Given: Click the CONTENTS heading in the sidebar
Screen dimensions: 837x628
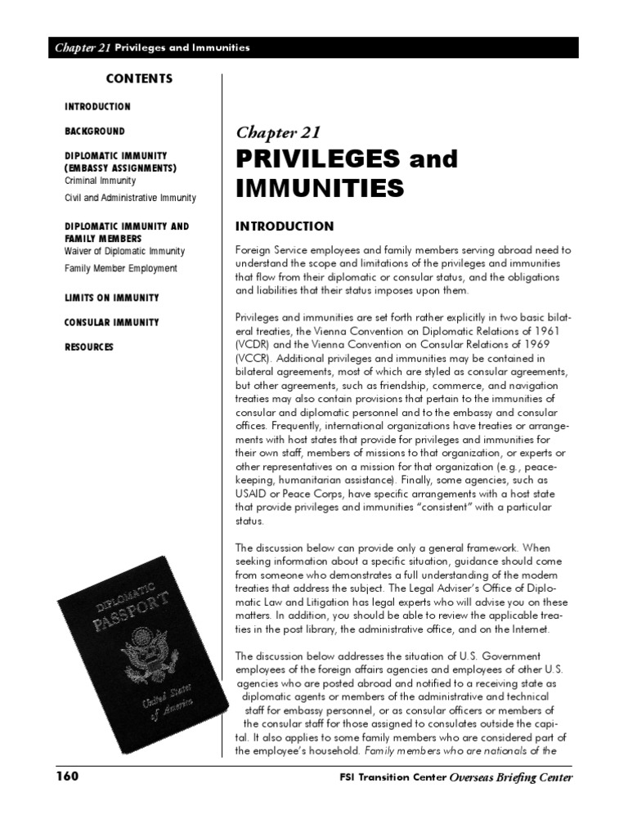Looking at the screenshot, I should tap(139, 79).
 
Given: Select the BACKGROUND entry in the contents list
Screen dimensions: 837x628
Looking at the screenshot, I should tap(95, 131).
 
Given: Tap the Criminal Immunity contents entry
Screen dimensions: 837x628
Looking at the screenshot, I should tap(100, 181).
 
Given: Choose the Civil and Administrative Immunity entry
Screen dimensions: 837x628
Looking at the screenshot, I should tap(130, 198).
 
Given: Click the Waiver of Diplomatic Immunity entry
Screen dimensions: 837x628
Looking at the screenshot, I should tap(124, 252).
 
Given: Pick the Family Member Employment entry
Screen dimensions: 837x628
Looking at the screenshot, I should tap(120, 268).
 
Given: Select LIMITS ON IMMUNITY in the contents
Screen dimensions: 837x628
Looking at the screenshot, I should tap(112, 298).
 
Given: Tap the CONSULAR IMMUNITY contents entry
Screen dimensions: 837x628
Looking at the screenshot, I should tap(112, 323).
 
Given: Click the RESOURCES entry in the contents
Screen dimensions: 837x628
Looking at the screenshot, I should tap(89, 347).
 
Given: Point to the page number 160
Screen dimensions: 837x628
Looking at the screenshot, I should tap(67, 777).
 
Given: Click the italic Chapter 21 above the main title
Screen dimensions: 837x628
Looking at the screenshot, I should tap(278, 132).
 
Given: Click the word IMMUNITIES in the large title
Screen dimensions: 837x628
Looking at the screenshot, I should tap(320, 190).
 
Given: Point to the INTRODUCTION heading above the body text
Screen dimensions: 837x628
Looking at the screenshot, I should tap(285, 226).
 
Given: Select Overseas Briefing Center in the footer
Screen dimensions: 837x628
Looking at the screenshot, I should tap(511, 777).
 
